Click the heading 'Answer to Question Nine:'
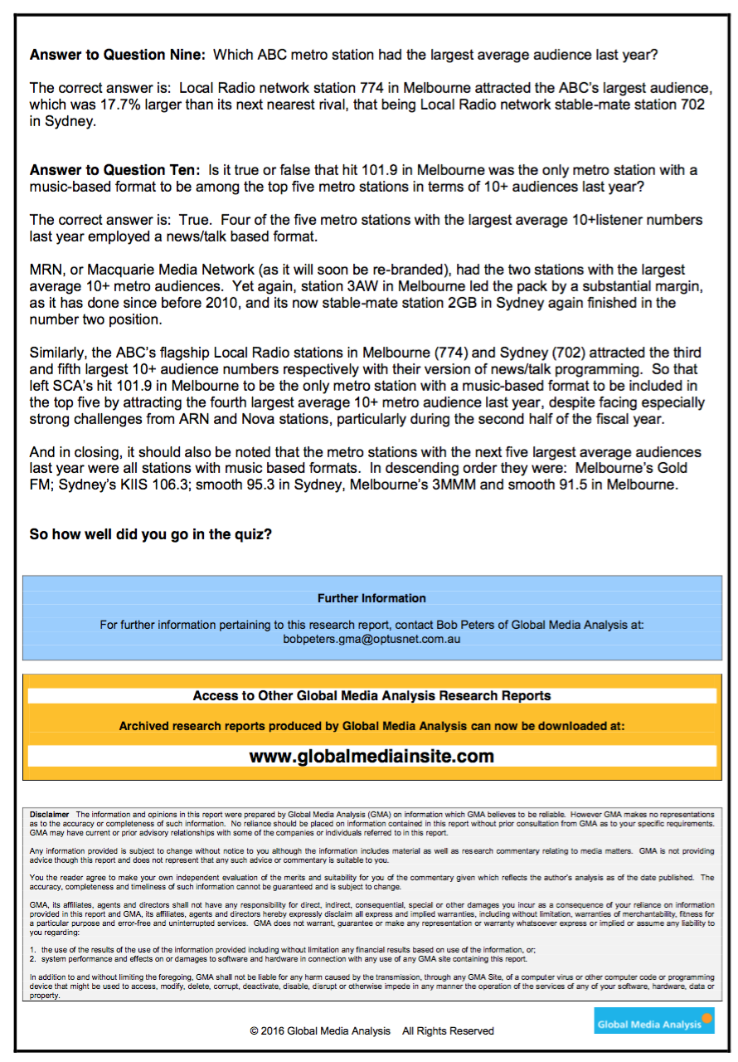click(x=117, y=56)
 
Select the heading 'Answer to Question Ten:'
click(x=114, y=171)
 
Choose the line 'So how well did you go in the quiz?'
click(x=150, y=534)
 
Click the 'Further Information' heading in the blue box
click(x=371, y=598)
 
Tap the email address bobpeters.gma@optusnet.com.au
click(x=371, y=639)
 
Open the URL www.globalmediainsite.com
click(x=371, y=756)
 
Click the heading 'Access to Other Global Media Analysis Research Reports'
click(x=371, y=695)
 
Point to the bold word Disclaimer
click(x=50, y=815)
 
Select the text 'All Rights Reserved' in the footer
click(x=448, y=1030)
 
